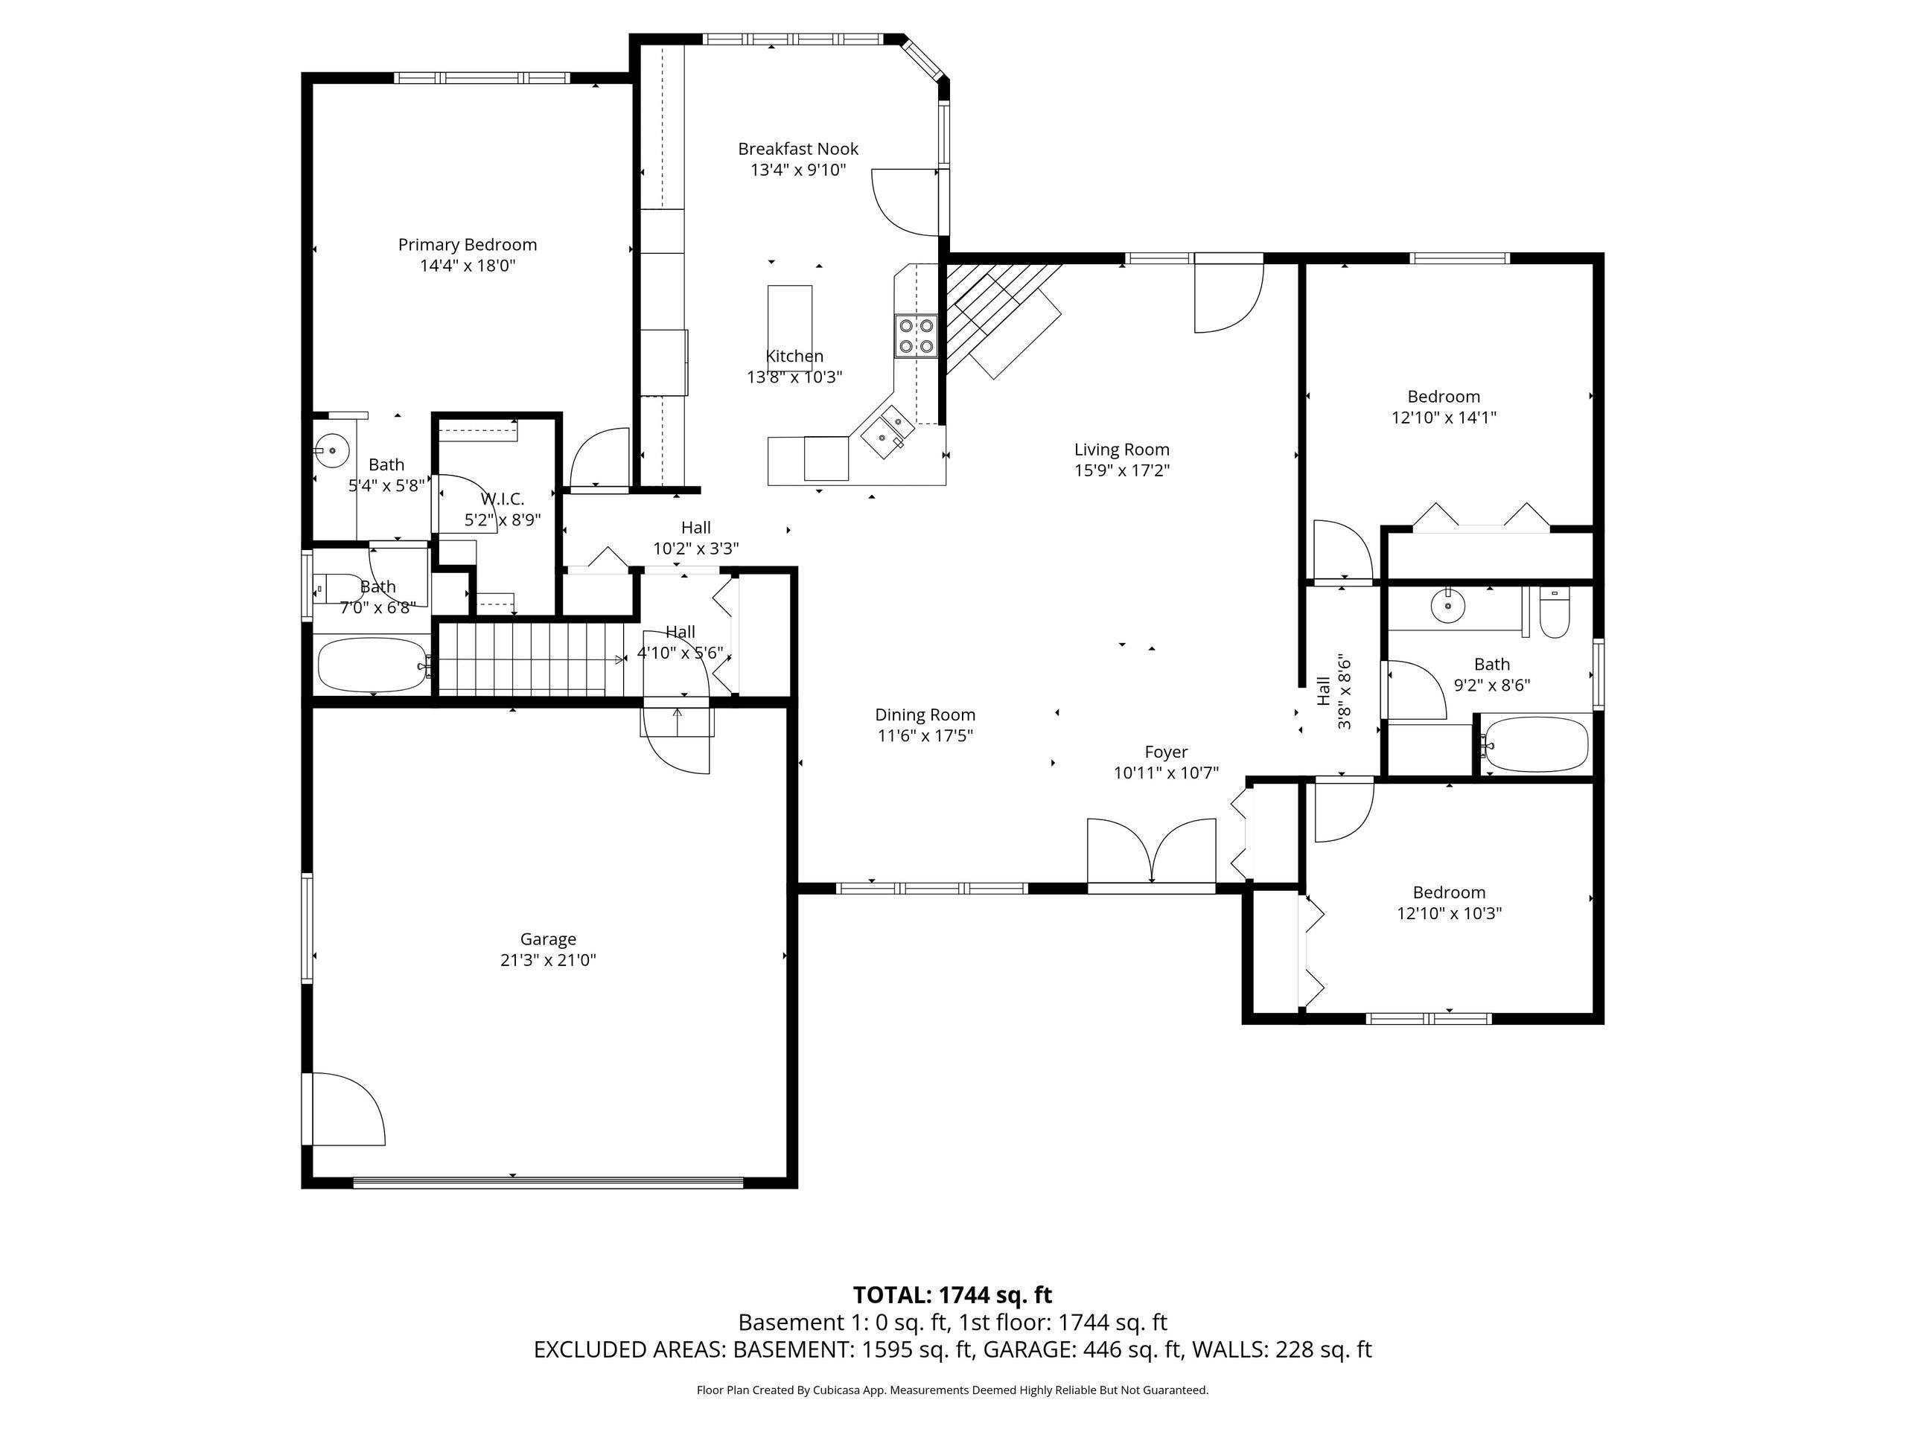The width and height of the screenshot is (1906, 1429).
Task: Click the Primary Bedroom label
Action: (467, 245)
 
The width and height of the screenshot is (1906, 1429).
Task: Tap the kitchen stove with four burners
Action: (916, 336)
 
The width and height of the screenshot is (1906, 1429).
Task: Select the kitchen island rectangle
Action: (789, 316)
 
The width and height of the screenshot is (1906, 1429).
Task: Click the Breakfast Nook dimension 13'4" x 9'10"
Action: (798, 170)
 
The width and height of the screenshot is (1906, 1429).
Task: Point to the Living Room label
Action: (1121, 450)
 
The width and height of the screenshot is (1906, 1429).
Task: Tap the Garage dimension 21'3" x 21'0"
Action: (548, 960)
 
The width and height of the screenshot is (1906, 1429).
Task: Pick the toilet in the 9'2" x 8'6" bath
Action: (1555, 613)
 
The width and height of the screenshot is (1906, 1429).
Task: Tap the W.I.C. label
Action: (503, 499)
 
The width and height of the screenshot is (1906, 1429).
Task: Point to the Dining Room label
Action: (925, 715)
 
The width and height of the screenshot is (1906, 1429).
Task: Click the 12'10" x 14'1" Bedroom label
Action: (1444, 397)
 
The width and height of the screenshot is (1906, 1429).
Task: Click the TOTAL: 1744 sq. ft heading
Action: (952, 1294)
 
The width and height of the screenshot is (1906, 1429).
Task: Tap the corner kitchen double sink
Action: (887, 430)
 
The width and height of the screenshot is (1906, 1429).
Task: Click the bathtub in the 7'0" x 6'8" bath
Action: (372, 664)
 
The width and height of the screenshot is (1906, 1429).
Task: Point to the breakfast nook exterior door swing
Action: (905, 203)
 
